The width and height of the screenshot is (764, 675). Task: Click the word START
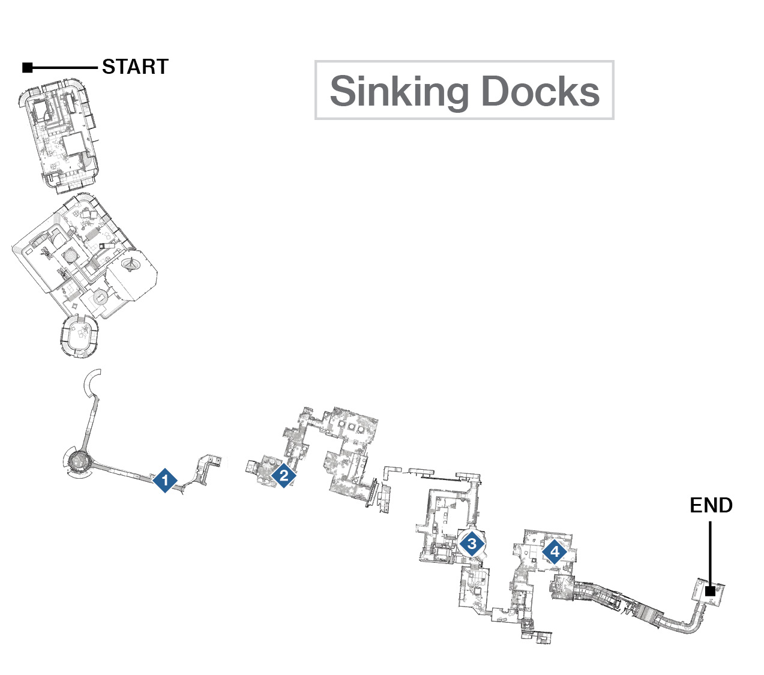click(x=135, y=67)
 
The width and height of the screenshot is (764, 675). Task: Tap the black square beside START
click(x=27, y=67)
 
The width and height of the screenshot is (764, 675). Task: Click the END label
click(x=711, y=505)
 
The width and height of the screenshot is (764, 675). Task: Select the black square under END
click(x=711, y=591)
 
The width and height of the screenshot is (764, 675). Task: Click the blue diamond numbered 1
click(x=165, y=481)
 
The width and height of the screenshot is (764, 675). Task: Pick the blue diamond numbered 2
click(x=284, y=476)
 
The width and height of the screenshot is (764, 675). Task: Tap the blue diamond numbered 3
click(x=471, y=544)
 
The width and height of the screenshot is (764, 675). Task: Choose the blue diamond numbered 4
click(x=555, y=551)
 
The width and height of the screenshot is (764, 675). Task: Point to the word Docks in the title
click(x=540, y=91)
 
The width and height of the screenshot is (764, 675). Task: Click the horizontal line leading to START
click(x=65, y=68)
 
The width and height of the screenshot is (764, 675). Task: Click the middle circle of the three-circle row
click(x=351, y=427)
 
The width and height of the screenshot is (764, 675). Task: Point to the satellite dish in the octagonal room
click(x=130, y=263)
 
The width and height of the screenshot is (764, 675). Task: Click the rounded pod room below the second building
click(x=80, y=337)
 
